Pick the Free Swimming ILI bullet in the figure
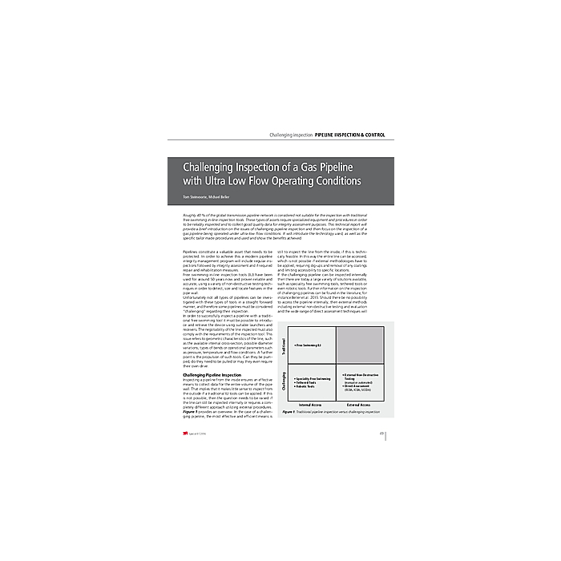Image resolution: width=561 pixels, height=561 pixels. [309, 346]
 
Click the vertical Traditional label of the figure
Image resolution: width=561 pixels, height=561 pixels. [284, 346]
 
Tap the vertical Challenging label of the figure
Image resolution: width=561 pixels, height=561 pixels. [284, 383]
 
